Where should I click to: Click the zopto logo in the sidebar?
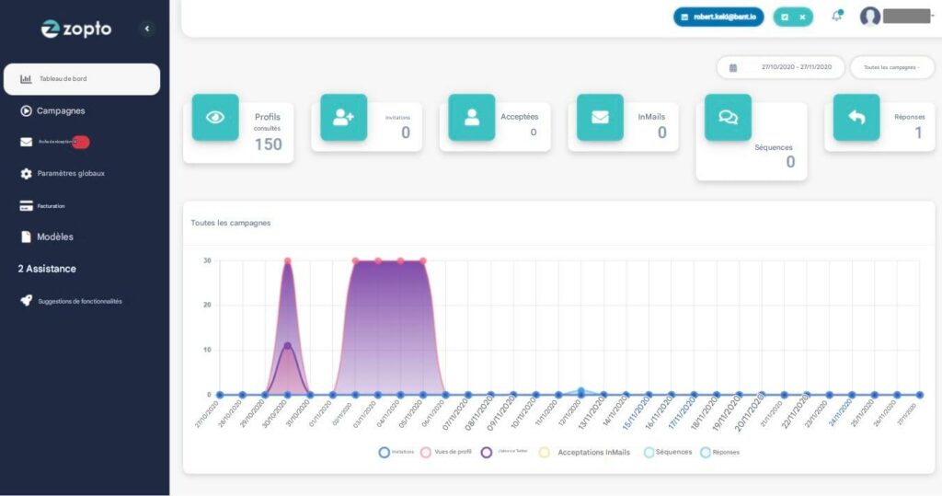pos(76,29)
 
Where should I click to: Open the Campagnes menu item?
pos(60,111)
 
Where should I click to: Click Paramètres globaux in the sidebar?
pos(70,173)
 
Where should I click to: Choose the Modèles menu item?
pos(54,236)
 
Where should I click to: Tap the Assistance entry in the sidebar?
pos(47,269)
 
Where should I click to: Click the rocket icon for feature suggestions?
pos(26,301)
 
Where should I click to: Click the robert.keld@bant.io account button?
pos(718,17)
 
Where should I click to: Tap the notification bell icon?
pos(836,17)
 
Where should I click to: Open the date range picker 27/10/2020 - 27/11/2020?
pos(780,67)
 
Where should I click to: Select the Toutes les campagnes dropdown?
pos(891,67)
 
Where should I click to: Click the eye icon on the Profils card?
pos(215,117)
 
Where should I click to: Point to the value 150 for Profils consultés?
pos(268,144)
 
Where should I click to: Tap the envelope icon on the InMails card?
pos(600,117)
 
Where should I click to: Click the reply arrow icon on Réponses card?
pos(856,117)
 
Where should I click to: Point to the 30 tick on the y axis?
pos(208,260)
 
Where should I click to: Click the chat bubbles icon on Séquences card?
pos(728,117)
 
